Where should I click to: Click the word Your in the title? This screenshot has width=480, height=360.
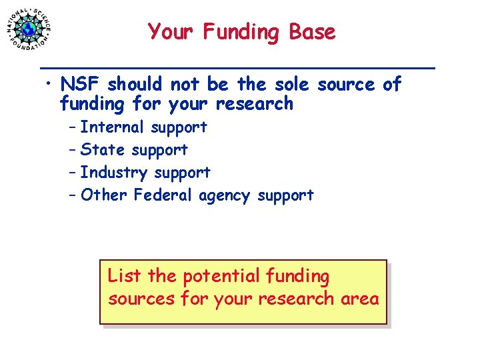click(169, 32)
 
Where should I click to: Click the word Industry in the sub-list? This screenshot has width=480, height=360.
click(114, 173)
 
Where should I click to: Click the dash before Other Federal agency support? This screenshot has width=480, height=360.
click(72, 195)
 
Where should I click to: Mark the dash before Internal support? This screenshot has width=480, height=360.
click(72, 127)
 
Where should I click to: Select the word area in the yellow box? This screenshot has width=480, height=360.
click(359, 299)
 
